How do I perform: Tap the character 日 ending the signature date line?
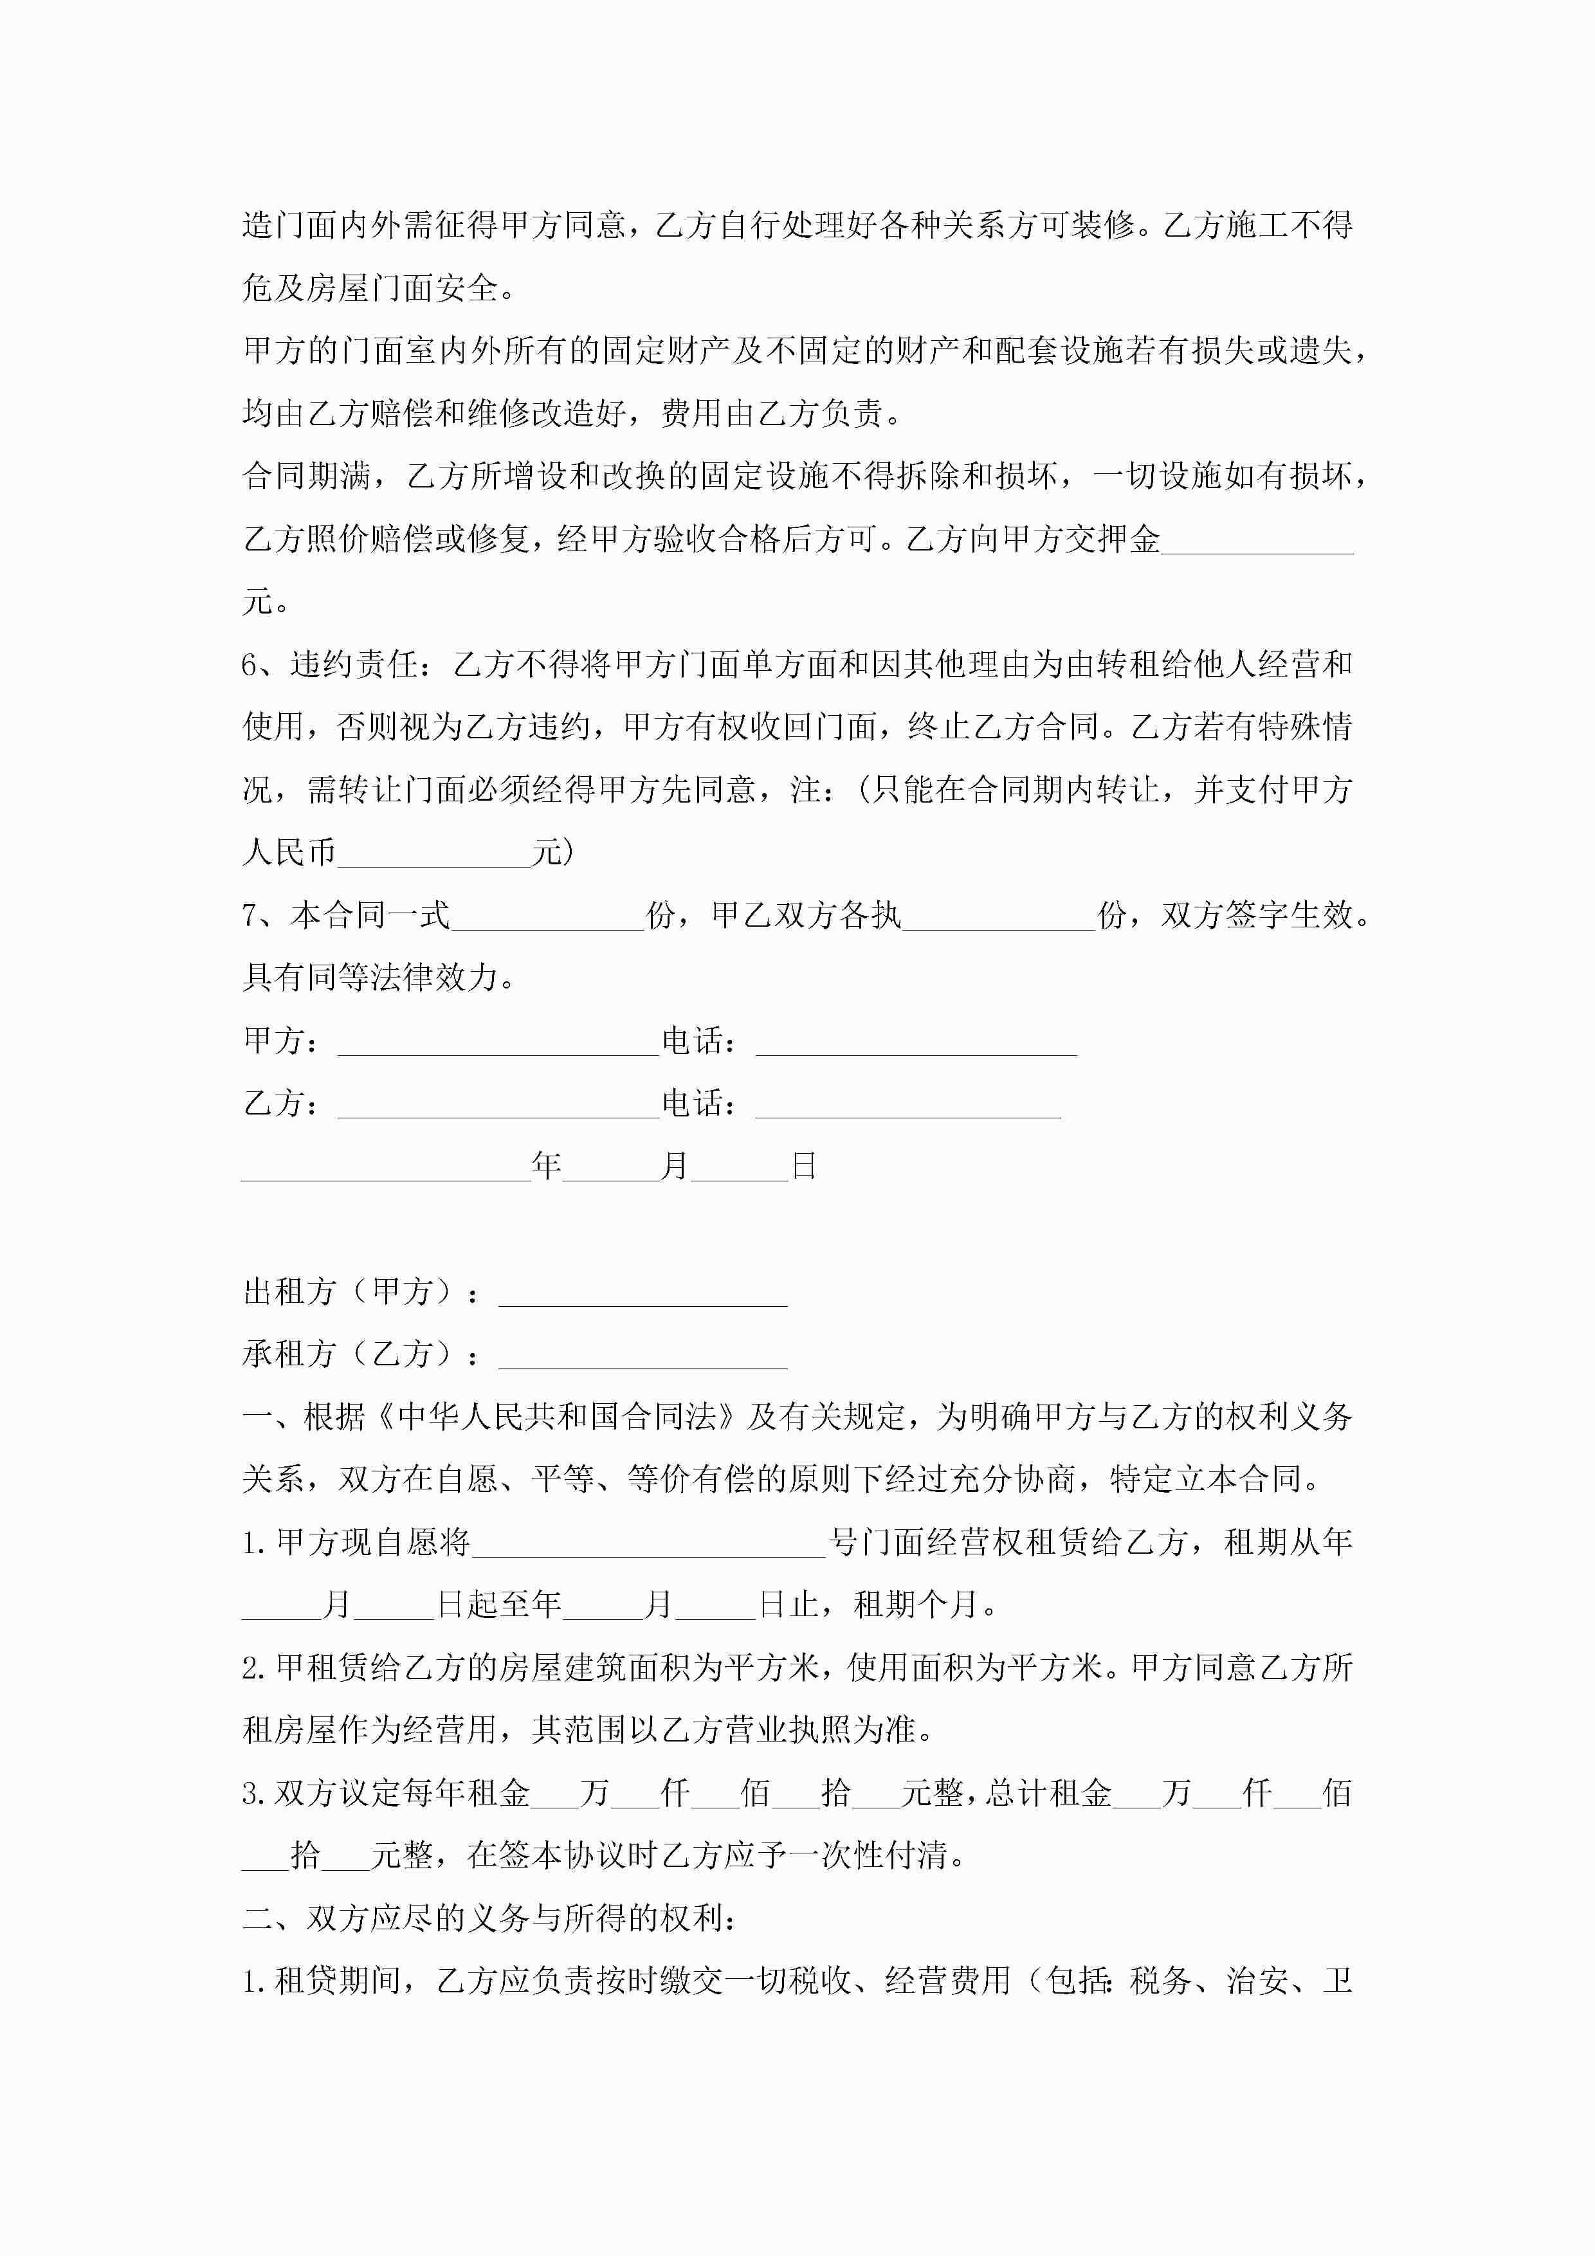[x=804, y=1167]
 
